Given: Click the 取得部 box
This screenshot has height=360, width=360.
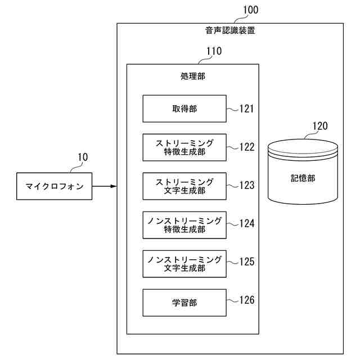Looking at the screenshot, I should pos(184,109).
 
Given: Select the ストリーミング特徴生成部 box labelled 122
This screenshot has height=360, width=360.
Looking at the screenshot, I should pos(184,147).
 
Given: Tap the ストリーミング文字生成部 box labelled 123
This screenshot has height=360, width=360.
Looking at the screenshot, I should pos(184,186).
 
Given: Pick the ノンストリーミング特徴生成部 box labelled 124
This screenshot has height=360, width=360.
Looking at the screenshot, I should pos(184,225).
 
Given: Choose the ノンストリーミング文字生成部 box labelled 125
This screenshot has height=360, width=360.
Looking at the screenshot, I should pos(184,264).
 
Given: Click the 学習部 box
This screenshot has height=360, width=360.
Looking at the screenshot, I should pos(184,303).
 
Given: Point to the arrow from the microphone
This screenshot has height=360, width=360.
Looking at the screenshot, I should pos(104,187).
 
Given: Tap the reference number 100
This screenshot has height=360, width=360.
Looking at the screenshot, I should pos(252,10).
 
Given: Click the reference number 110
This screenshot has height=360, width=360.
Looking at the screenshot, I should pos(214,51).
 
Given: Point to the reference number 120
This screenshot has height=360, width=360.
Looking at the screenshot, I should pos(319,126).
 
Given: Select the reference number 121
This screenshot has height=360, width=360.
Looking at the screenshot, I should pos(246,109).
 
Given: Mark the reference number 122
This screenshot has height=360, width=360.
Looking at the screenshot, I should pos(246,147).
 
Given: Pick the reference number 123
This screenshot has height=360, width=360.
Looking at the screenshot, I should pos(246,184).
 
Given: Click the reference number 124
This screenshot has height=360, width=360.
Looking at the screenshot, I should pos(246,223).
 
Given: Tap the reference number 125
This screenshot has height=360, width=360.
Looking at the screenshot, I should pos(246,262).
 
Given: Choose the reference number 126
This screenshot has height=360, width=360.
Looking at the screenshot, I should pos(246,300).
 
